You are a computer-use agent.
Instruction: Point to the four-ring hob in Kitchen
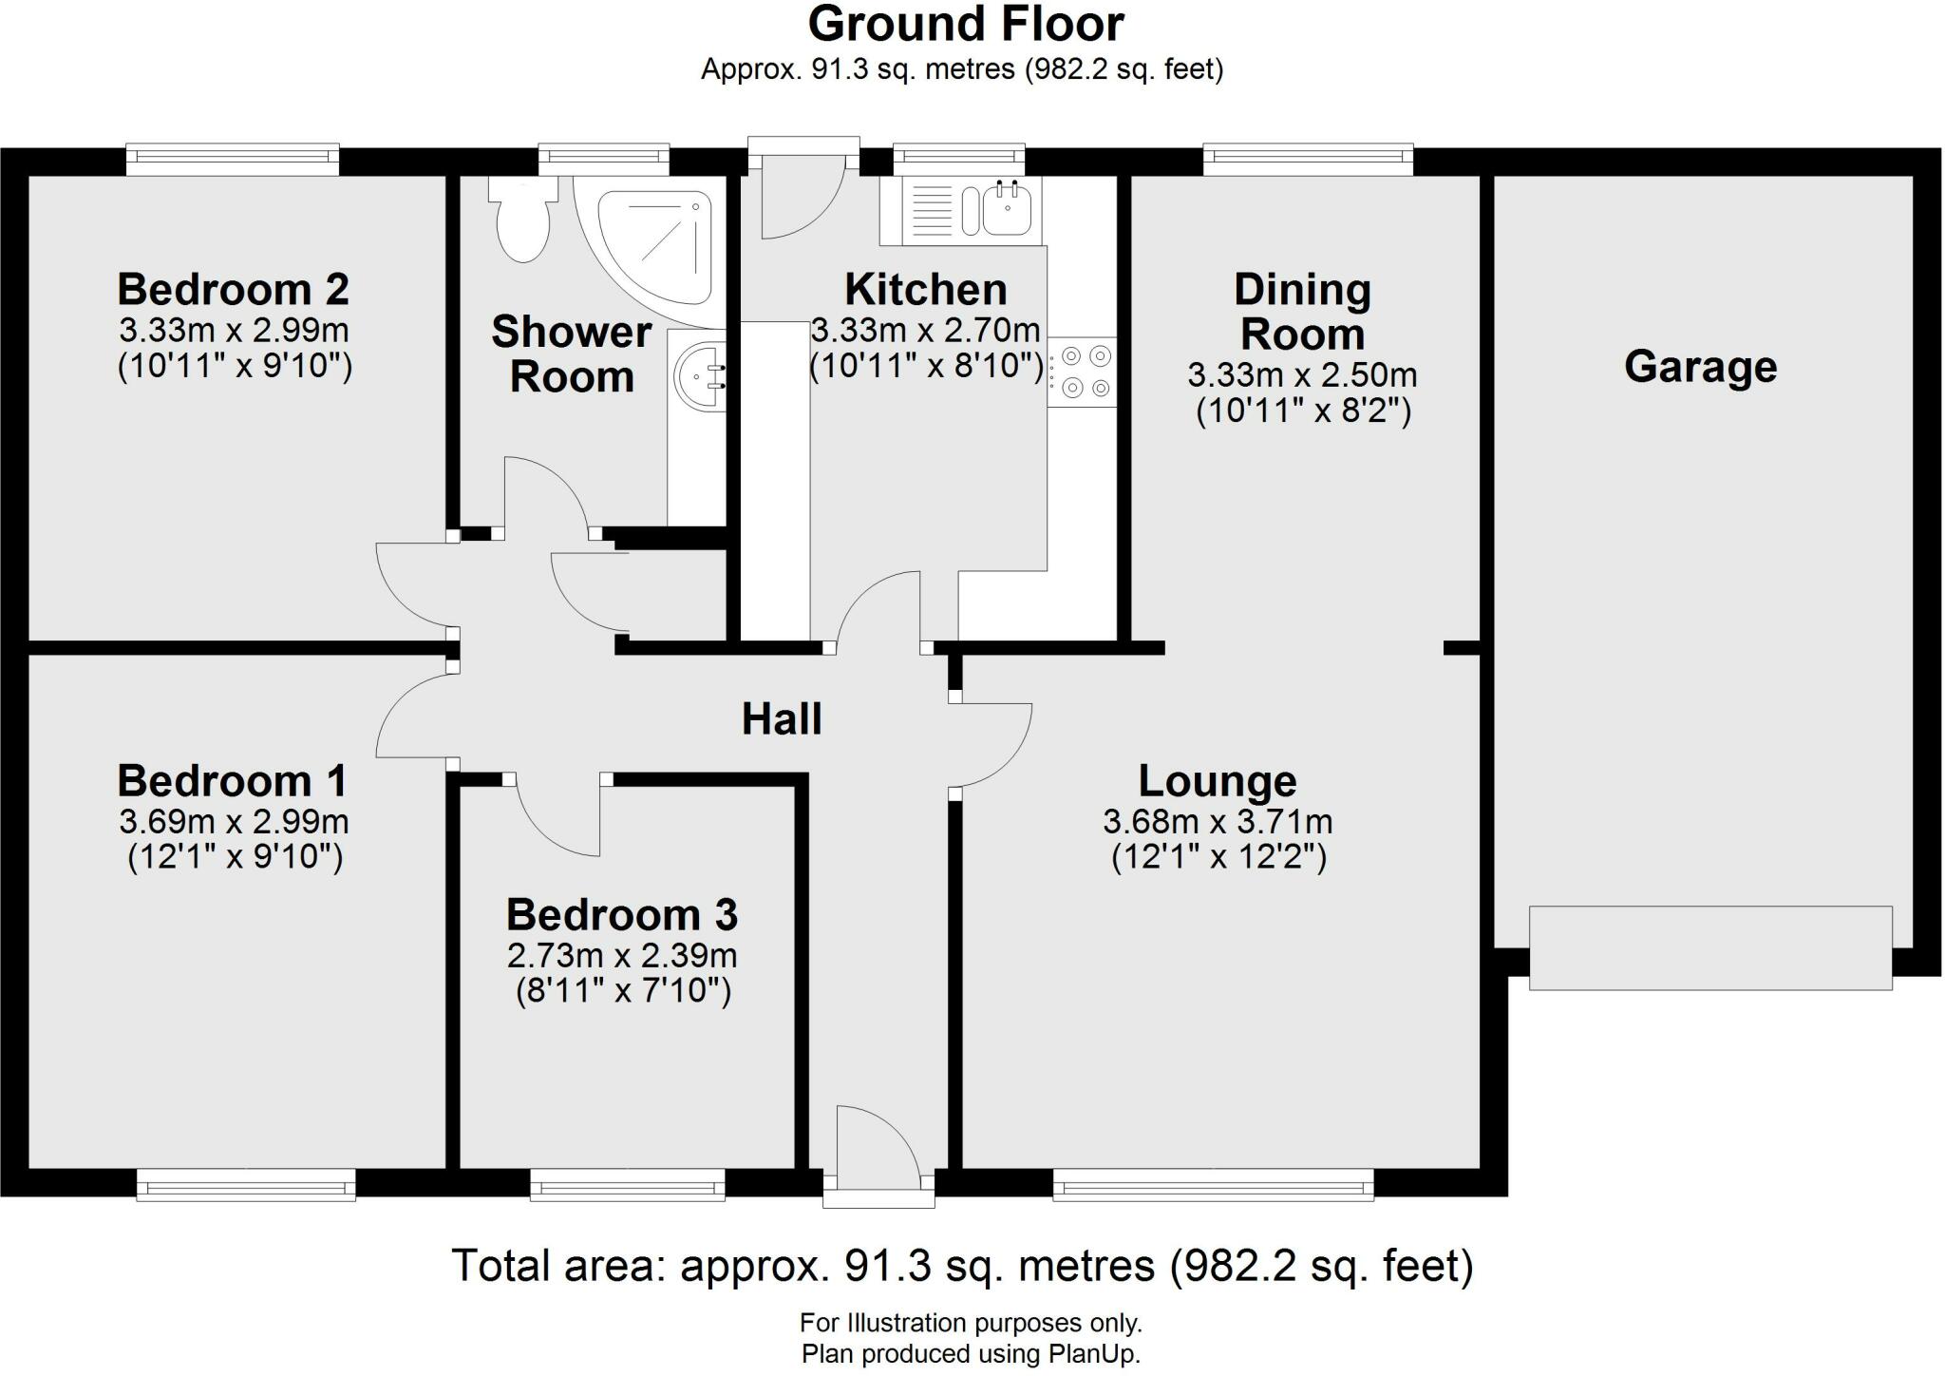pyautogui.click(x=1084, y=372)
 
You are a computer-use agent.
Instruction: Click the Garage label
pyautogui.click(x=1700, y=367)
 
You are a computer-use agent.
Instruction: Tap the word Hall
pyautogui.click(x=781, y=719)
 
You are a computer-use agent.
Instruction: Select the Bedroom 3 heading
pyautogui.click(x=621, y=915)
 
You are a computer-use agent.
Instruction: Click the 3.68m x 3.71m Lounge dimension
pyautogui.click(x=1218, y=821)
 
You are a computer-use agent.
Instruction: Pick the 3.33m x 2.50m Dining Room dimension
pyautogui.click(x=1302, y=374)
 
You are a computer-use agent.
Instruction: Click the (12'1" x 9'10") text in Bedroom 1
pyautogui.click(x=235, y=857)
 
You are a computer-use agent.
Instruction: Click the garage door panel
pyautogui.click(x=1709, y=947)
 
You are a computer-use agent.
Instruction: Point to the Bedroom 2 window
pyautogui.click(x=233, y=160)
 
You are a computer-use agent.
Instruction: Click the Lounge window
pyautogui.click(x=1213, y=1184)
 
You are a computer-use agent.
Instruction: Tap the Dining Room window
pyautogui.click(x=1308, y=160)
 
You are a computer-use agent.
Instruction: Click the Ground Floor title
pyautogui.click(x=965, y=25)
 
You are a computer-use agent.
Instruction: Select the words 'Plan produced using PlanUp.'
pyautogui.click(x=971, y=1354)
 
